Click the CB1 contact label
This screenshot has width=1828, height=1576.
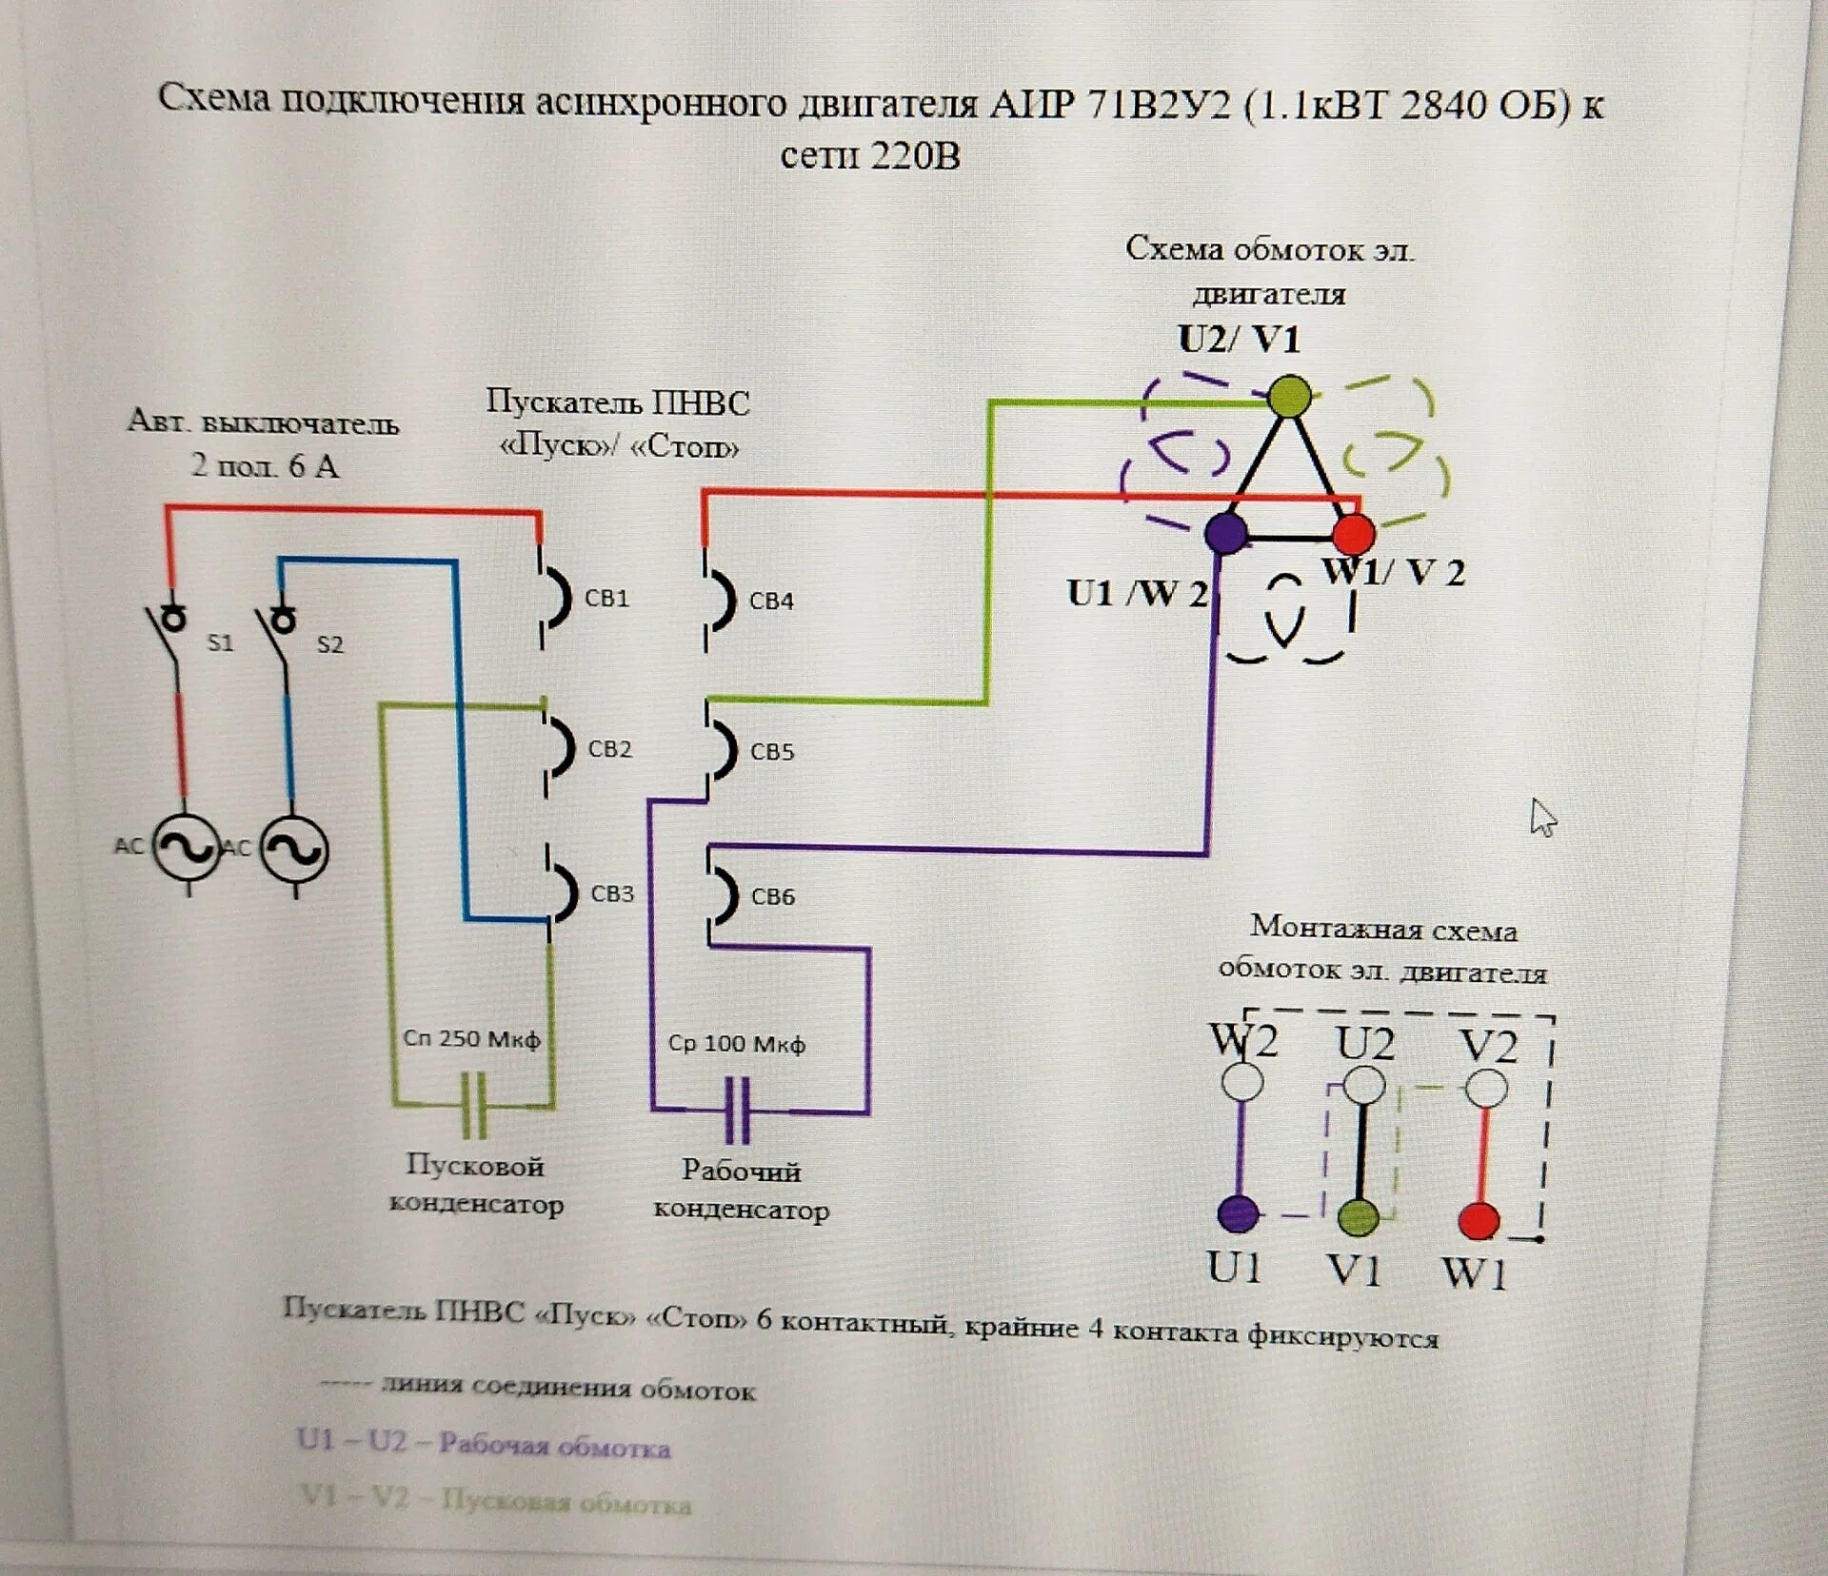click(x=606, y=599)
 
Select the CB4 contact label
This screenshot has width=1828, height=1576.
click(x=771, y=601)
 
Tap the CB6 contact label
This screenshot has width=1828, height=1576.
click(x=772, y=896)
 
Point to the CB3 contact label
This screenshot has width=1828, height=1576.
click(x=612, y=895)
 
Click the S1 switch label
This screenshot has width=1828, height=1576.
click(x=220, y=643)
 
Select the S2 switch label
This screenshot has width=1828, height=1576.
click(x=329, y=645)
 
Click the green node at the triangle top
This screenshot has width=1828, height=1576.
click(x=1289, y=397)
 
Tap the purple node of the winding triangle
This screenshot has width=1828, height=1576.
click(x=1225, y=533)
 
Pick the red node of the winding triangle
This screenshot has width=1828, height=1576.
click(x=1353, y=535)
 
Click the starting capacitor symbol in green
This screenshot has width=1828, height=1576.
click(x=473, y=1105)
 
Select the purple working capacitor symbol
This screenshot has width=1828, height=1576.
click(x=737, y=1110)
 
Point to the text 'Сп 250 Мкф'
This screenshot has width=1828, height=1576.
click(x=471, y=1038)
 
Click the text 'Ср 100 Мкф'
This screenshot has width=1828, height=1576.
click(x=736, y=1044)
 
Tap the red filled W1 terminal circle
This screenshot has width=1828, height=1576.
click(x=1479, y=1221)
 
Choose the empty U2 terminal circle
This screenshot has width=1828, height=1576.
click(x=1364, y=1085)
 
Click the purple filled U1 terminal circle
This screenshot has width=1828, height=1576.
click(x=1239, y=1213)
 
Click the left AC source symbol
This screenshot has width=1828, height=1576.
click(x=187, y=847)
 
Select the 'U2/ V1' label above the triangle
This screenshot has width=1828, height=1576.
click(x=1239, y=340)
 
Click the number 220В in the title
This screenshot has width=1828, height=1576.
click(x=915, y=155)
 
